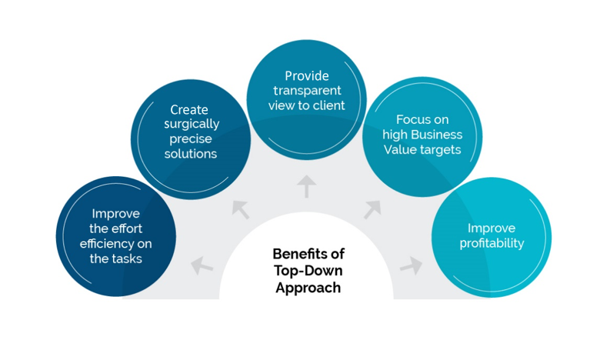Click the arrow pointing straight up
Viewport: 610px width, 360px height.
[307, 185]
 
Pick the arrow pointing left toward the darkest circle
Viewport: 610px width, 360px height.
[202, 266]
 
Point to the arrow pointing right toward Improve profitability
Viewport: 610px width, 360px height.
[411, 266]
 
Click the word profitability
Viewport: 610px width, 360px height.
[492, 243]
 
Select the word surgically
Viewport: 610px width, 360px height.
[191, 125]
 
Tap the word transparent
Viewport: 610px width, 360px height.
[307, 91]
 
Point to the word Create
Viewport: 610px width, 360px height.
[189, 110]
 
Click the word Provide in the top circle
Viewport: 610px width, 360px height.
[307, 76]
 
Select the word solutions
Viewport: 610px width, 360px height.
[191, 154]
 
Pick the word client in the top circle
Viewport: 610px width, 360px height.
[328, 105]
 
